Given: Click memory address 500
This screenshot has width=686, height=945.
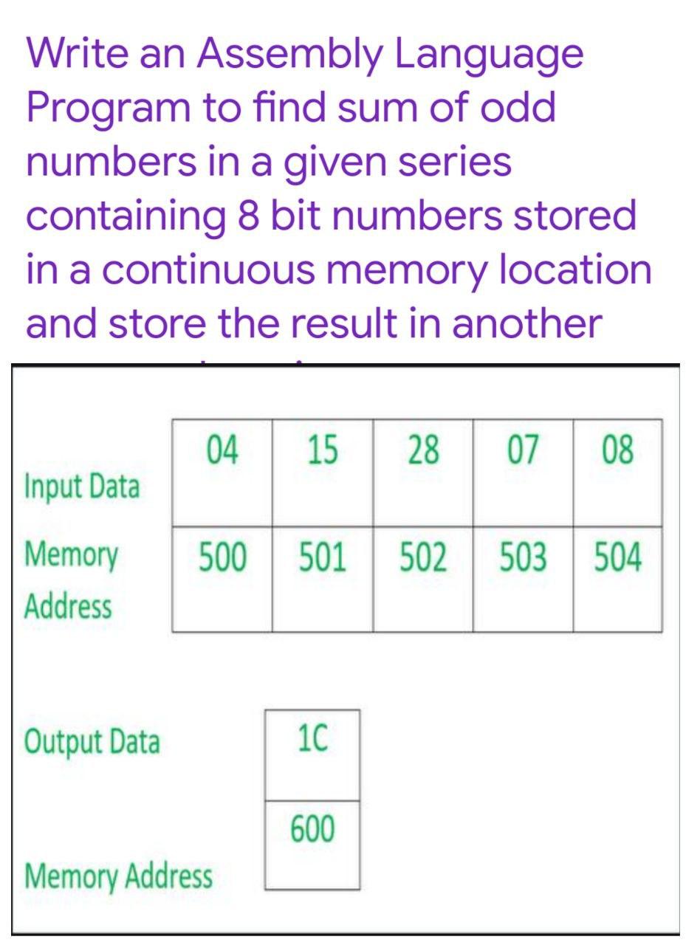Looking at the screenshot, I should tap(221, 558).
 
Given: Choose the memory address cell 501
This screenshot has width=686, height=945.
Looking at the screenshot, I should tap(322, 558).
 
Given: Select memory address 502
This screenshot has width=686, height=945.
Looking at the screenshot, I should tap(422, 558).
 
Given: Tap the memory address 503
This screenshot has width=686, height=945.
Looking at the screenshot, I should tap(522, 558).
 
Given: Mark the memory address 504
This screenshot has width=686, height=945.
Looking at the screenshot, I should tap(617, 558).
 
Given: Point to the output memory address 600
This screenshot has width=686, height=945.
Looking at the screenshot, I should tap(312, 829).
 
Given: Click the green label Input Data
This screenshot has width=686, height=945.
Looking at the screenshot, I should tap(82, 487).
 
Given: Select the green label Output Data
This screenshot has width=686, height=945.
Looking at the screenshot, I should tap(92, 741).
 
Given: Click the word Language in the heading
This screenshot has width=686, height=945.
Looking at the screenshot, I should tap(488, 55).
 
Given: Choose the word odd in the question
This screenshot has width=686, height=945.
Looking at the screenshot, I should tap(518, 108).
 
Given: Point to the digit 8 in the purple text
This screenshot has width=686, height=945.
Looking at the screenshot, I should tap(247, 216).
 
